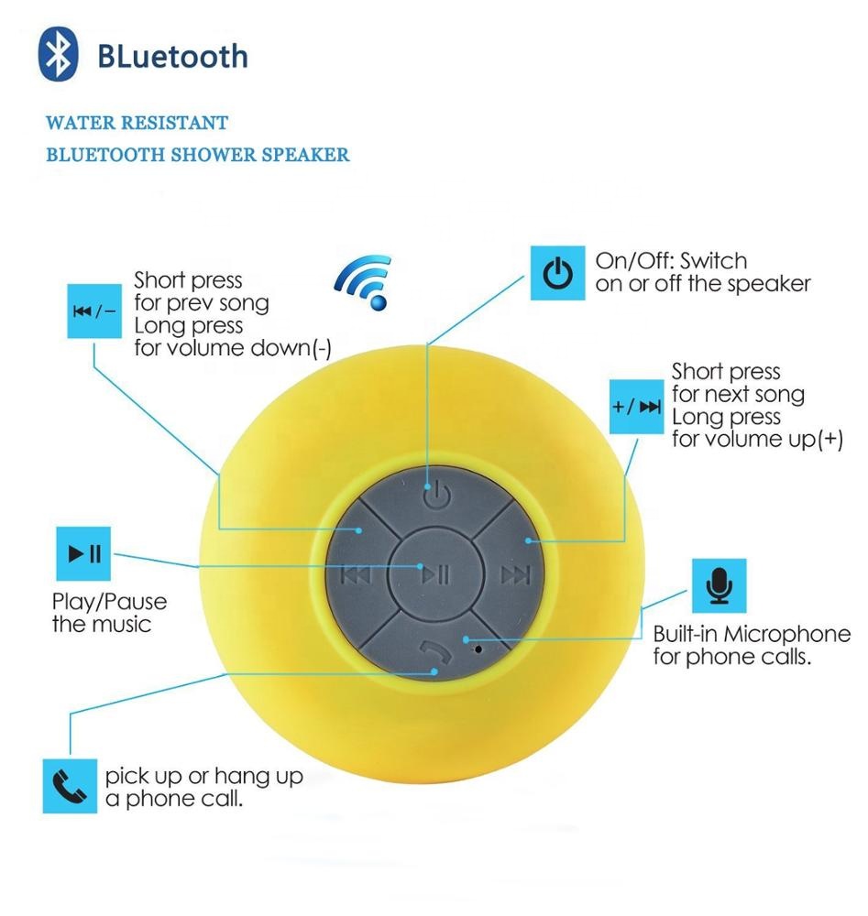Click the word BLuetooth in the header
tap(172, 56)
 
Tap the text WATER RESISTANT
tap(137, 122)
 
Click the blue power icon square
tap(558, 273)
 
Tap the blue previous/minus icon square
tap(93, 311)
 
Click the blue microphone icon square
tap(719, 585)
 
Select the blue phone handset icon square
tap(70, 786)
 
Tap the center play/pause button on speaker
tap(434, 574)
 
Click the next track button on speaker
tap(515, 574)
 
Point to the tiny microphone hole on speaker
tap(478, 649)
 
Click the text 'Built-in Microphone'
tap(751, 635)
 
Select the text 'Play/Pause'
tap(109, 602)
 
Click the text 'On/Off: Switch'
tap(671, 261)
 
